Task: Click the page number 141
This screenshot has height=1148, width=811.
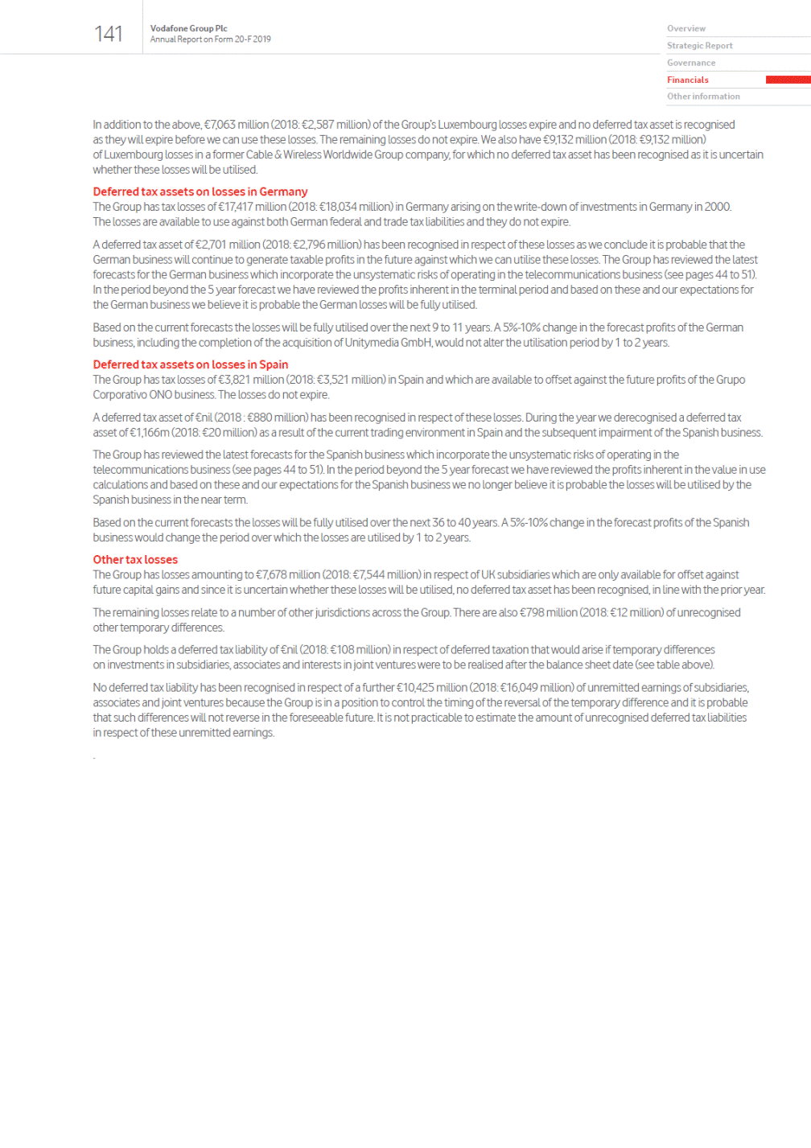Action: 109,34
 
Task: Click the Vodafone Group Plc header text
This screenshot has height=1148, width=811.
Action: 188,28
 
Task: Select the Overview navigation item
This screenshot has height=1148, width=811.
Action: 685,29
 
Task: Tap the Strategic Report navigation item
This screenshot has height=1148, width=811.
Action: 699,46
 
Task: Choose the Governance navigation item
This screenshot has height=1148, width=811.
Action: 690,63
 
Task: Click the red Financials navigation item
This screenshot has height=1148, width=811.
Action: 687,80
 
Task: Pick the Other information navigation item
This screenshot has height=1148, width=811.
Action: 702,97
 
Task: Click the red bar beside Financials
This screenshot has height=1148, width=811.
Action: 788,80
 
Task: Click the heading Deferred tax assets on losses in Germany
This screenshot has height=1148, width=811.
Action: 200,191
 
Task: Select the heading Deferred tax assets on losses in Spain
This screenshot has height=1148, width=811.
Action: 190,364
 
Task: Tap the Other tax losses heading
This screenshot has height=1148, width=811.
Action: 135,560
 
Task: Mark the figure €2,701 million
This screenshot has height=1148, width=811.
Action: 229,245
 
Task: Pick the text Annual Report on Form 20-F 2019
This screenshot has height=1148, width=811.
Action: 210,39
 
